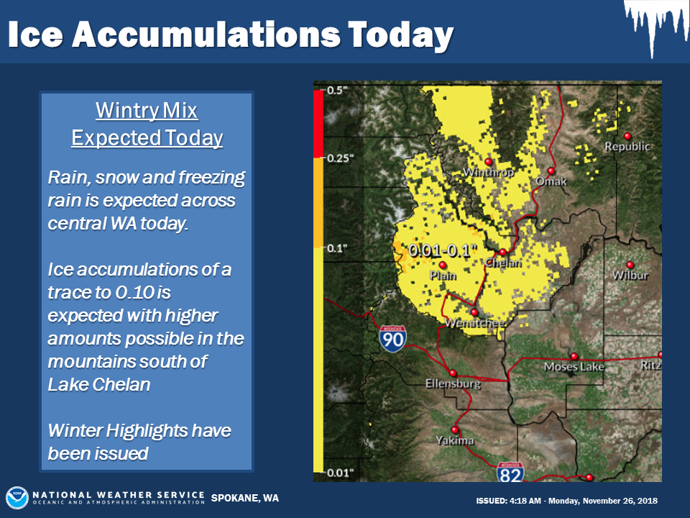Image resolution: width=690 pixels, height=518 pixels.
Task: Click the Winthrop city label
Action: tap(489, 172)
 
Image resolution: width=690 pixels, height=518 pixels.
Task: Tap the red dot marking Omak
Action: tap(551, 171)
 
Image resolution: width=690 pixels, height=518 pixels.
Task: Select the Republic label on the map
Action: tap(627, 146)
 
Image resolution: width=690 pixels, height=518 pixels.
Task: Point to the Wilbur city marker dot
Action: tap(630, 265)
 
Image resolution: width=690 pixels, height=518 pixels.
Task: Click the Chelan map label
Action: tap(503, 263)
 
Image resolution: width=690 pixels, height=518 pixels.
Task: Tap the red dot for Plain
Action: tap(443, 265)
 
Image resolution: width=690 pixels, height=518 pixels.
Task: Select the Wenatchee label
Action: tap(474, 323)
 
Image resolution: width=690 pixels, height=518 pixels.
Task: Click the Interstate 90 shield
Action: tap(392, 339)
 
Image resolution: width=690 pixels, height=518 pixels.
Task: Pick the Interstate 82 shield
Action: tap(510, 472)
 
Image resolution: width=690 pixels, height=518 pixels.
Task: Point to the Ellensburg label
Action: tap(453, 384)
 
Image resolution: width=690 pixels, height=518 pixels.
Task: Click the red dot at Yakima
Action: tap(454, 430)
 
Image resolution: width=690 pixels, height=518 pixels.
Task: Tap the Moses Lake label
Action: tap(574, 366)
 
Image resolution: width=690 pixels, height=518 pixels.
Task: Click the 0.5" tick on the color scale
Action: tap(337, 91)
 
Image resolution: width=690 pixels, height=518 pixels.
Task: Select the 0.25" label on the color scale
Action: tap(340, 158)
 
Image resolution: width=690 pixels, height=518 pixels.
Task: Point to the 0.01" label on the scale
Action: tap(340, 473)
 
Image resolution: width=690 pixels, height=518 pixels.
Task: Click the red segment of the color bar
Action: tap(318, 124)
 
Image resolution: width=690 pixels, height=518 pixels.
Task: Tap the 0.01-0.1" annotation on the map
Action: tap(443, 250)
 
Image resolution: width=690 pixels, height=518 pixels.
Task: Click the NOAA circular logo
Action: tap(17, 498)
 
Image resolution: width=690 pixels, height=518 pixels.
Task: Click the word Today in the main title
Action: tap(400, 35)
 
